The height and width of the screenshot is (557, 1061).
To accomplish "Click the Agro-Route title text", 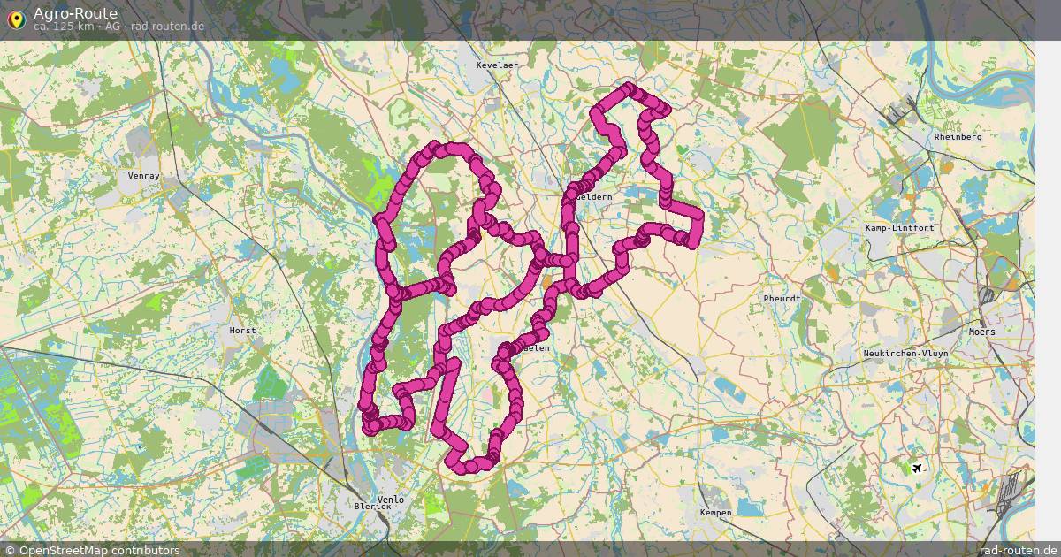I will coord(75,13).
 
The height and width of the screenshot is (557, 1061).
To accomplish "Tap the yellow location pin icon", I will coord(15,19).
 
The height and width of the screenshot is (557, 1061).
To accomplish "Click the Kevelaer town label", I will coord(497,65).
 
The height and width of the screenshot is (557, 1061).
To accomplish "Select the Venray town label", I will coord(143,176).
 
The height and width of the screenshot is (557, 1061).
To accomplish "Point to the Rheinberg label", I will coord(958,137).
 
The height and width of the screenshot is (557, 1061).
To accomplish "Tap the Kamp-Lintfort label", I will coord(899,228).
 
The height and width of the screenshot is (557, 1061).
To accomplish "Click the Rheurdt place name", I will coord(782,299).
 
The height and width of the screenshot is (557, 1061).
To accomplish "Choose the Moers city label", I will coord(981,332).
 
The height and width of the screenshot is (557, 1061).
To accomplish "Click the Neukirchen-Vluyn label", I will coord(905,353).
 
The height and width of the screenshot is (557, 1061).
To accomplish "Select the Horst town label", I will coord(242,331).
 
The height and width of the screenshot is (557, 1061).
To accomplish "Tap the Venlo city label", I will coord(390,500).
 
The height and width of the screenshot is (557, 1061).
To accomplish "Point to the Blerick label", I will coord(371,507).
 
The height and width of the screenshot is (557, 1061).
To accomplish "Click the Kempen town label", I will coord(715,513).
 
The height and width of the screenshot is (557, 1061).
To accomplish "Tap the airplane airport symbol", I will coord(917,467).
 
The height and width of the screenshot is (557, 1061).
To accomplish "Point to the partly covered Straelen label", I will coord(537,348).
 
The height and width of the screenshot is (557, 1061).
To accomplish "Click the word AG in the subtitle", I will coord(112,27).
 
